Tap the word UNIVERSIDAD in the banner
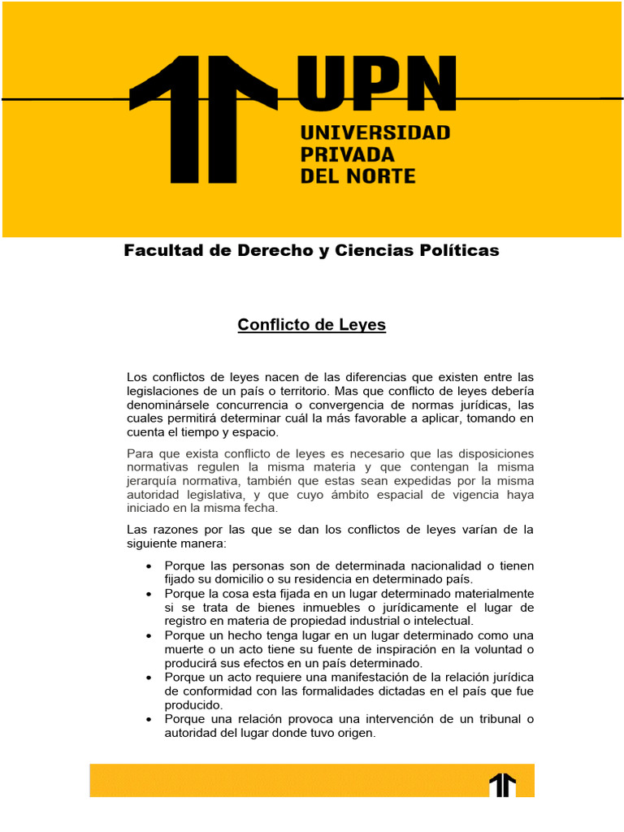(375, 132)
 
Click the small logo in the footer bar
(502, 785)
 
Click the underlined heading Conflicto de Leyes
(311, 325)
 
